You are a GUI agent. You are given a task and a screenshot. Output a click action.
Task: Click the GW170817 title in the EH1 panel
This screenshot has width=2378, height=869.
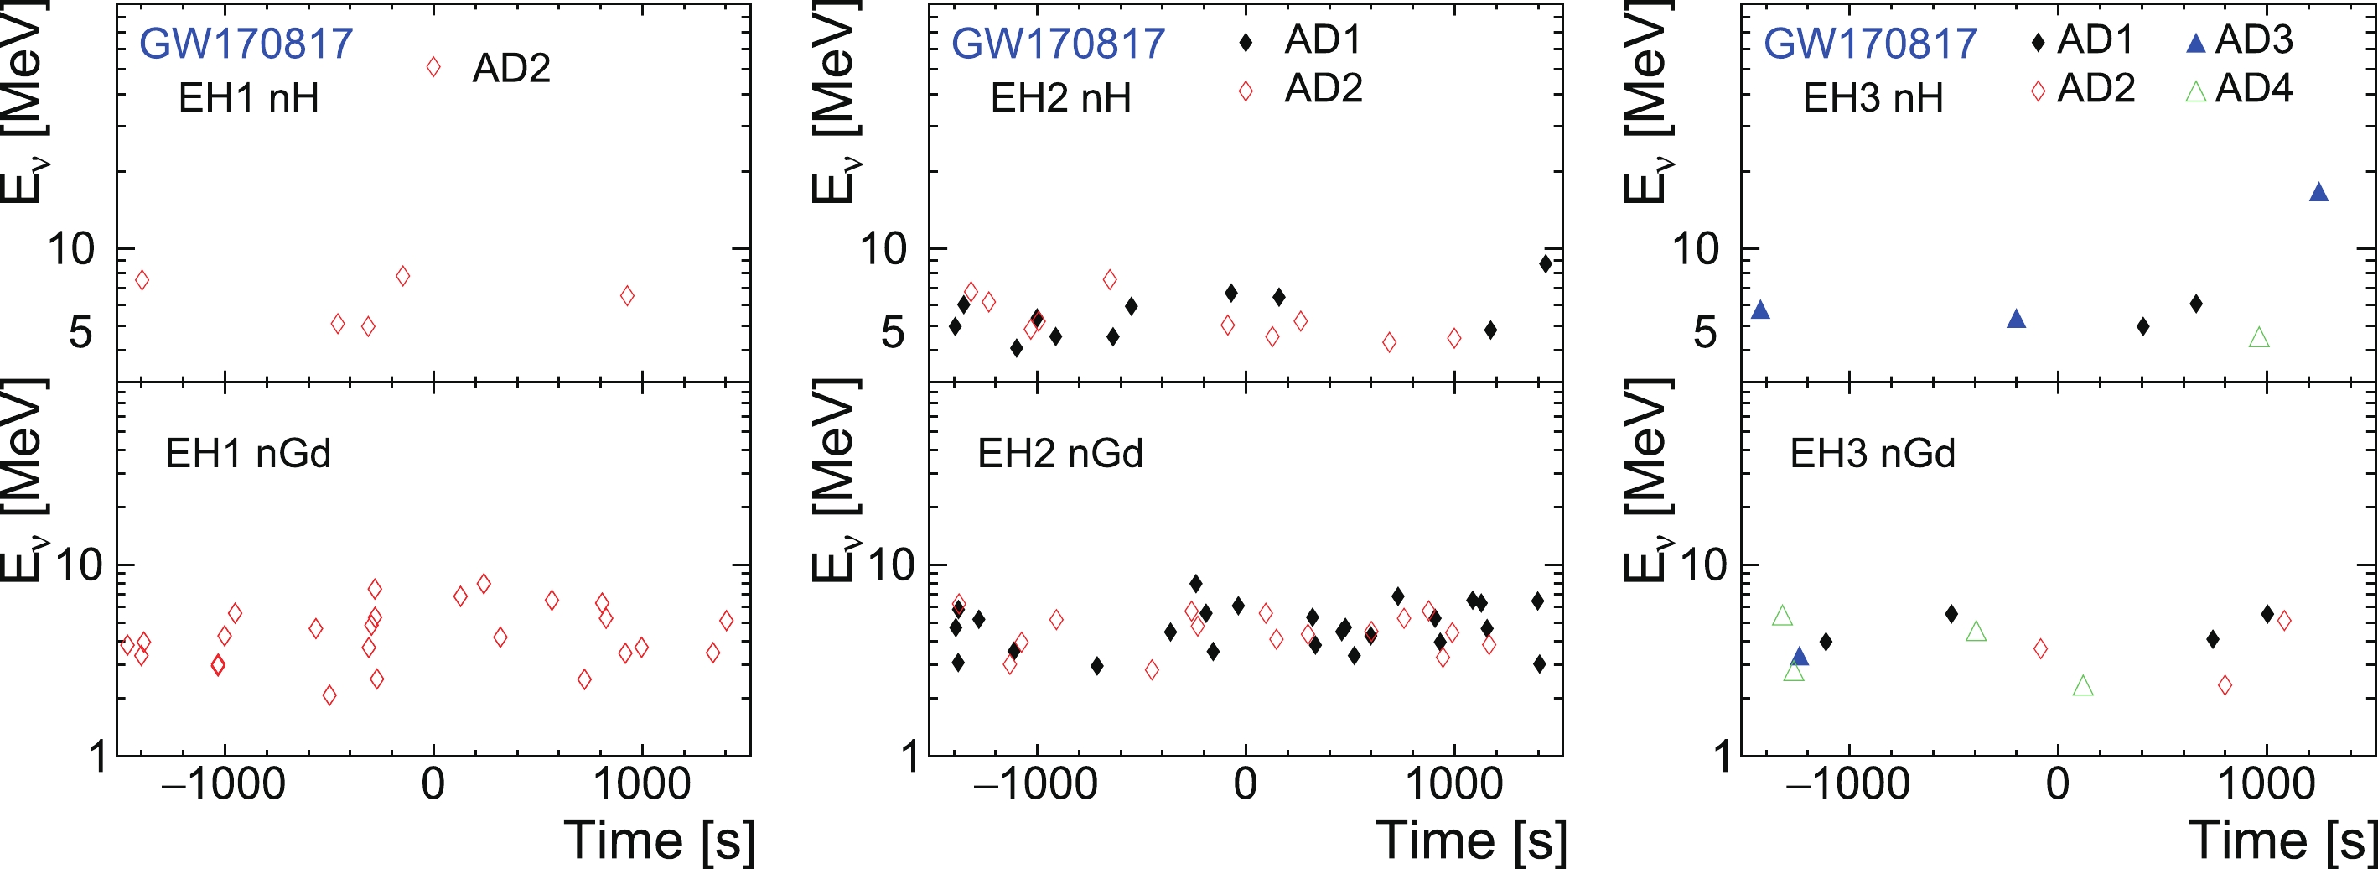[246, 44]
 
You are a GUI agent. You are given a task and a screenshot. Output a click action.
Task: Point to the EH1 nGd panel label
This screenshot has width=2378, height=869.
[247, 454]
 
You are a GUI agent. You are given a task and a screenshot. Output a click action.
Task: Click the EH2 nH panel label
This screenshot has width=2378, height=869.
[1059, 98]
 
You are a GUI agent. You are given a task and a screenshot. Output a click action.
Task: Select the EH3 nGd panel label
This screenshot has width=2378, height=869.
[1872, 454]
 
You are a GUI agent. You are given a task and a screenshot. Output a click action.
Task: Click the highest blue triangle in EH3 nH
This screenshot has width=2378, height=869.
[2318, 192]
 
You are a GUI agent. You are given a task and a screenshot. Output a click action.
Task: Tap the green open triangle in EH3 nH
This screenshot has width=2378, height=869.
[2259, 338]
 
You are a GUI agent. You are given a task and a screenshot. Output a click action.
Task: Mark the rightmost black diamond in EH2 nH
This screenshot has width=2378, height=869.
[1546, 264]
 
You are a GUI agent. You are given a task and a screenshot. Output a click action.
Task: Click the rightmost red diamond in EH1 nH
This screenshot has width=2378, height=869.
[628, 295]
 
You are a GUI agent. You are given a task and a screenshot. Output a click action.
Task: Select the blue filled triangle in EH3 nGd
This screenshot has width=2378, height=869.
[1799, 657]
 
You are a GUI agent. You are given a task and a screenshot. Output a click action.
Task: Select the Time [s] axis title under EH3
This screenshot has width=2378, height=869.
[2280, 840]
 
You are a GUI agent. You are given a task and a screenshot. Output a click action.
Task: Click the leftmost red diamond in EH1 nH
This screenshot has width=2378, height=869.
[142, 280]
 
